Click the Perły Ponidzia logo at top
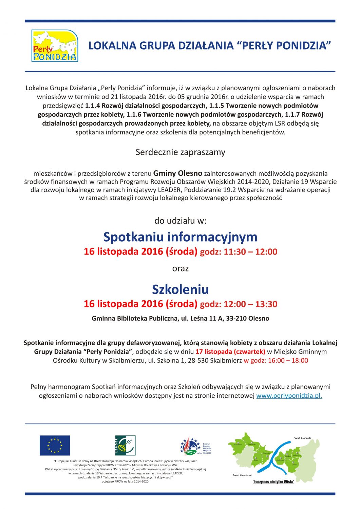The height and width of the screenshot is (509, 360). pyautogui.click(x=55, y=46)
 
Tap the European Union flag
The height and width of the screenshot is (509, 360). pyautogui.click(x=55, y=445)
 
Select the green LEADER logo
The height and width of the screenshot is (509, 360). pyautogui.click(x=125, y=445)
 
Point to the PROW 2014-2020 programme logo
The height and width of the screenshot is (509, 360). pyautogui.click(x=195, y=446)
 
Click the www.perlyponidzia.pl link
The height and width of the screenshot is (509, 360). pyautogui.click(x=289, y=396)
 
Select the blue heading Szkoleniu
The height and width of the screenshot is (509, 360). pyautogui.click(x=180, y=289)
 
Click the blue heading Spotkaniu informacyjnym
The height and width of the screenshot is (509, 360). pyautogui.click(x=180, y=237)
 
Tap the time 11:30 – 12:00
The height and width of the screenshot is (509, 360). pyautogui.click(x=250, y=252)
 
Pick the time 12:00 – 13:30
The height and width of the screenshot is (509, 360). pyautogui.click(x=250, y=304)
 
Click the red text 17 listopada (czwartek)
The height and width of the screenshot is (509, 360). pyautogui.click(x=230, y=352)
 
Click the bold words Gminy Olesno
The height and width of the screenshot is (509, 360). pyautogui.click(x=178, y=173)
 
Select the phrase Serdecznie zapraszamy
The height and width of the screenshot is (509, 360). pyautogui.click(x=180, y=152)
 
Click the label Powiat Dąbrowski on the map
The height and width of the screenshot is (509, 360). pyautogui.click(x=302, y=438)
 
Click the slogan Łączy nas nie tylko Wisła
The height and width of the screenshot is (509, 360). pyautogui.click(x=274, y=482)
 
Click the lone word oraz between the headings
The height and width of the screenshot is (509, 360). pyautogui.click(x=180, y=268)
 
